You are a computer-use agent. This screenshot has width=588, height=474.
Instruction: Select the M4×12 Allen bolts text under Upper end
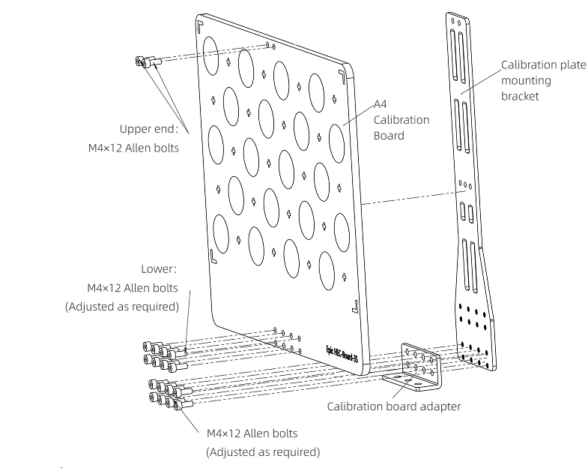(x=133, y=148)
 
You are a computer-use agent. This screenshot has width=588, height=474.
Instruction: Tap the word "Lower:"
(x=159, y=268)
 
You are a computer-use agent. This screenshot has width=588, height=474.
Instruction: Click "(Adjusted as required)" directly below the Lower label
(x=122, y=306)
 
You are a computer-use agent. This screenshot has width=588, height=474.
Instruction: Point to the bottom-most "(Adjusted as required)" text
(x=262, y=452)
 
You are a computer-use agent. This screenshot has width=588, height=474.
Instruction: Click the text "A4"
(x=381, y=104)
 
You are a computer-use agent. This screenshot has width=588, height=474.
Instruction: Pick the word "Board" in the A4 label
(x=389, y=136)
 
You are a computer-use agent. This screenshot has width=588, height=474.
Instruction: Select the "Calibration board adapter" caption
(x=393, y=406)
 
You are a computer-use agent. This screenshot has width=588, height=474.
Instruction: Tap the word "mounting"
(x=526, y=80)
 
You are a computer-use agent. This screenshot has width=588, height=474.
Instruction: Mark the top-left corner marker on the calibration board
(x=200, y=26)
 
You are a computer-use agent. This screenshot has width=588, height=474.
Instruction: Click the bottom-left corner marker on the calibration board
(x=213, y=256)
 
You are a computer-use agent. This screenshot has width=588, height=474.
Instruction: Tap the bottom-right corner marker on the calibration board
(x=354, y=305)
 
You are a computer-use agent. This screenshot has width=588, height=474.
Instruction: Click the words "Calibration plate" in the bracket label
(x=543, y=65)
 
